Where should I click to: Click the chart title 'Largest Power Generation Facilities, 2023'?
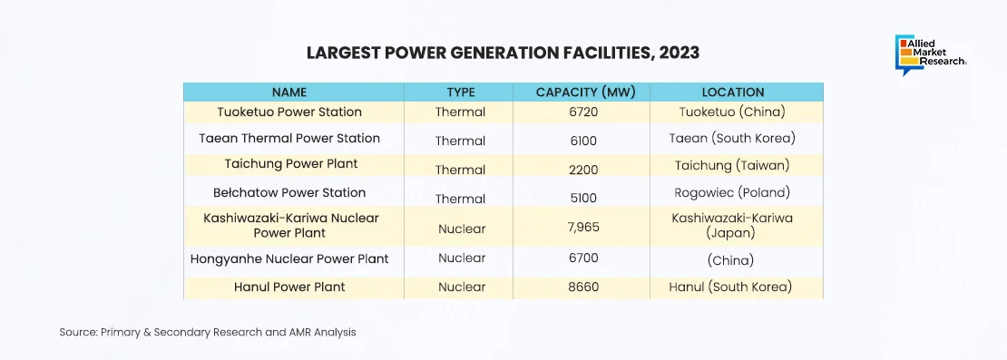click(503, 53)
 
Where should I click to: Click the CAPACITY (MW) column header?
click(586, 92)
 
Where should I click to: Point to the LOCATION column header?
click(733, 92)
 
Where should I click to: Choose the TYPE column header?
click(461, 92)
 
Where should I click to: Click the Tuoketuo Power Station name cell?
click(289, 112)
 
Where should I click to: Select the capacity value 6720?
click(583, 112)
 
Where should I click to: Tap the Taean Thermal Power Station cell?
click(289, 138)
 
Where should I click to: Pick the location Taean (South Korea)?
click(732, 139)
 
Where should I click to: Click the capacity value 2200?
click(583, 170)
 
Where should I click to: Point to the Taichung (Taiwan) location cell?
click(732, 166)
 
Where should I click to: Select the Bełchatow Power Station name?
click(289, 192)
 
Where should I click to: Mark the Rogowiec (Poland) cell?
click(732, 192)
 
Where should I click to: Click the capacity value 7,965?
click(583, 229)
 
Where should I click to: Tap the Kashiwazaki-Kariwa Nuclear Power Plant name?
click(291, 225)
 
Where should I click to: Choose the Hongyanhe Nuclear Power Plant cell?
click(289, 259)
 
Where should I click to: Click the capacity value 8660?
click(583, 287)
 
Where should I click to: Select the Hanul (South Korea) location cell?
click(730, 287)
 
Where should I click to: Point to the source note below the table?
click(208, 333)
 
